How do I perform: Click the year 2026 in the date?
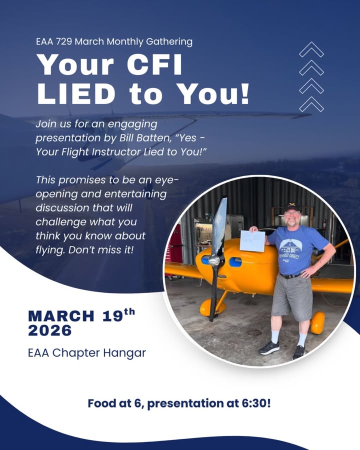(50, 330)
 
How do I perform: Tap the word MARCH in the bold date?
(60, 316)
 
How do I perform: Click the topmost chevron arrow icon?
(311, 50)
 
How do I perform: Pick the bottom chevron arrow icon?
(311, 104)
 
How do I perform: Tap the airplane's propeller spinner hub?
(214, 260)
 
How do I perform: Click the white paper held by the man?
(252, 240)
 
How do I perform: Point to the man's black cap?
(291, 206)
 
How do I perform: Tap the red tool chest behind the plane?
(175, 242)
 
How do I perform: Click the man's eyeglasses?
(291, 213)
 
